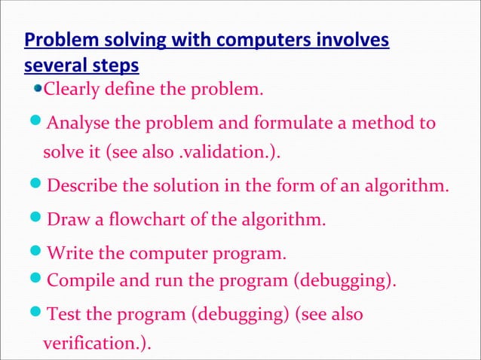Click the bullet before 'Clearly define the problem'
[39, 92]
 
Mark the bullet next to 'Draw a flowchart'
[38, 220]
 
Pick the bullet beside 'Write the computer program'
[38, 252]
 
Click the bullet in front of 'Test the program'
[38, 313]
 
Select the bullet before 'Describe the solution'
[38, 186]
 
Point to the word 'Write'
[69, 252]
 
